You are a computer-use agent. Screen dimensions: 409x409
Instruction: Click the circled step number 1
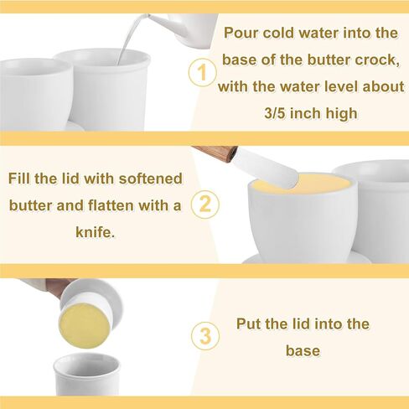point(202,72)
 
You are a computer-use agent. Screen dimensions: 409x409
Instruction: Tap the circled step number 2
point(205,204)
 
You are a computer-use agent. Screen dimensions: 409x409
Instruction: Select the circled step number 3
point(205,336)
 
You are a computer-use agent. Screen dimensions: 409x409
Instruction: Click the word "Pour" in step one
point(241,33)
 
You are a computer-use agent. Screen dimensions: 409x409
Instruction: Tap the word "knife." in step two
point(95,232)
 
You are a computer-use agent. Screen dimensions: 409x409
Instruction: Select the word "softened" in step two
point(151,179)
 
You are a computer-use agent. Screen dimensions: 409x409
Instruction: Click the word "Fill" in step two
point(19,179)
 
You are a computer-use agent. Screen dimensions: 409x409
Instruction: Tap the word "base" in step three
point(303,350)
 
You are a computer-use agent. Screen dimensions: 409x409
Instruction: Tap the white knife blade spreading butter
point(266,168)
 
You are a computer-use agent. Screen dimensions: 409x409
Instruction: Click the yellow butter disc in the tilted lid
point(84,325)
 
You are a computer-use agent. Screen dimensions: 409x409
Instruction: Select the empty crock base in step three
point(86,375)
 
